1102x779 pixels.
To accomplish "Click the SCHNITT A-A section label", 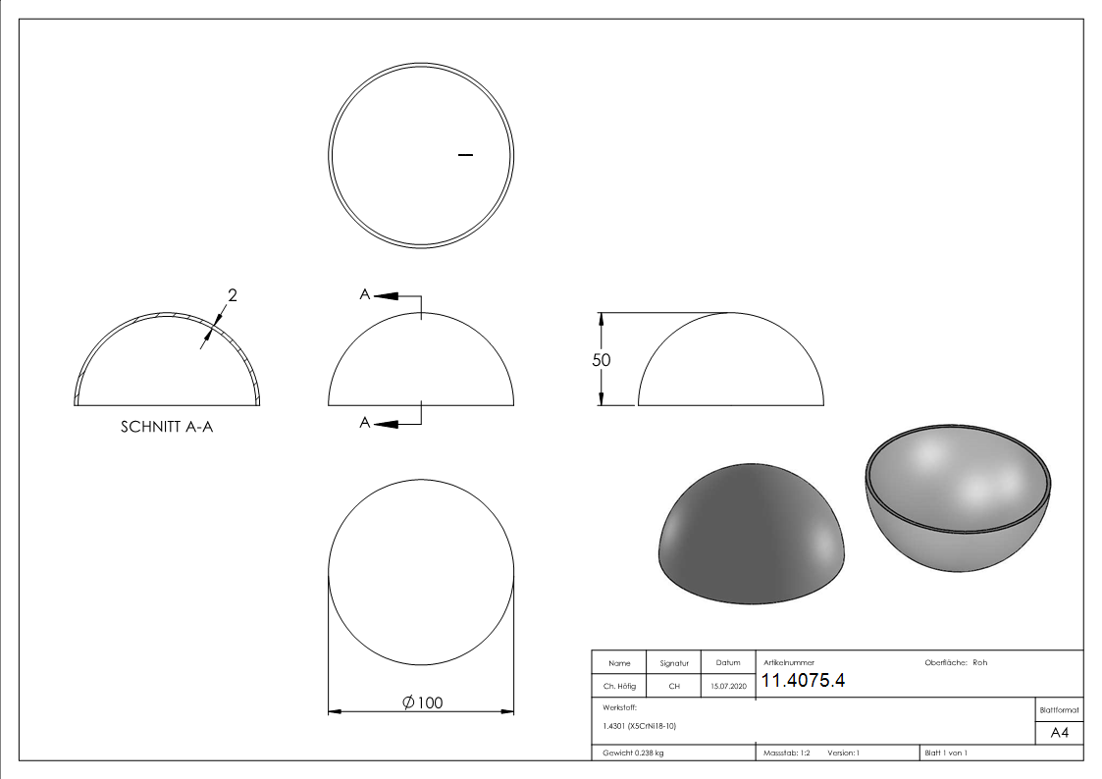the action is click(167, 427).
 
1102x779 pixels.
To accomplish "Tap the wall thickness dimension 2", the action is click(233, 295).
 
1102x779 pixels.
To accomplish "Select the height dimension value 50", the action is click(601, 360).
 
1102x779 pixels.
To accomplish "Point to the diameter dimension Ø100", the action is click(422, 702).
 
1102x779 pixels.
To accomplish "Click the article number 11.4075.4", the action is click(803, 681).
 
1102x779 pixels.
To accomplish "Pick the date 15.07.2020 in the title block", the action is click(728, 686).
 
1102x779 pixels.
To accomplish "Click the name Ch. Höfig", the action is click(619, 686).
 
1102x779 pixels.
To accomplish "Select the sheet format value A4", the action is click(1059, 733).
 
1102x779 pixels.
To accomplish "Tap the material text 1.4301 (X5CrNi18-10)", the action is click(639, 726).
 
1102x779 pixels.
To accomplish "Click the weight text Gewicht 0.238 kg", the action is click(633, 753).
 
